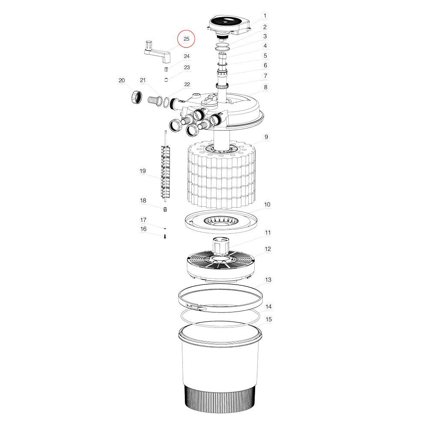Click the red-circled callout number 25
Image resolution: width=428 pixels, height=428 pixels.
click(187, 39)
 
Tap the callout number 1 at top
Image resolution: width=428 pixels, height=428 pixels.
click(265, 15)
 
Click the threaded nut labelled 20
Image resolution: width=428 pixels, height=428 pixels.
click(137, 97)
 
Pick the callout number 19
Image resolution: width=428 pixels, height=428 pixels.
click(143, 171)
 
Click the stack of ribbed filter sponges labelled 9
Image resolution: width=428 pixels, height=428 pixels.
click(222, 175)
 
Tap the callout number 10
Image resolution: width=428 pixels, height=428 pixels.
click(267, 205)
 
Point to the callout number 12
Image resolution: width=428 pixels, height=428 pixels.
click(268, 249)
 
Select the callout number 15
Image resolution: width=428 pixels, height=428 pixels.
click(269, 319)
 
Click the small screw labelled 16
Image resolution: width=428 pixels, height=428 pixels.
click(165, 237)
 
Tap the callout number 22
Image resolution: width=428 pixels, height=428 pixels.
click(187, 84)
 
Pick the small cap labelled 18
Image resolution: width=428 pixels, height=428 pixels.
click(165, 209)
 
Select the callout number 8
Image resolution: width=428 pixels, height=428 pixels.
click(265, 87)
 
